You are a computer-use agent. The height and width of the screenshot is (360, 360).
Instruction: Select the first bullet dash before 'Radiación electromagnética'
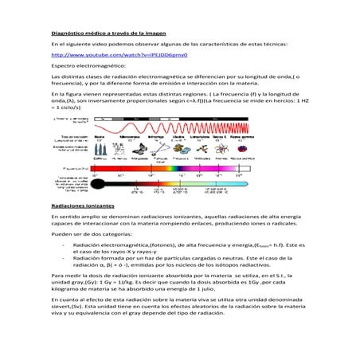pyautogui.click(x=64, y=246)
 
